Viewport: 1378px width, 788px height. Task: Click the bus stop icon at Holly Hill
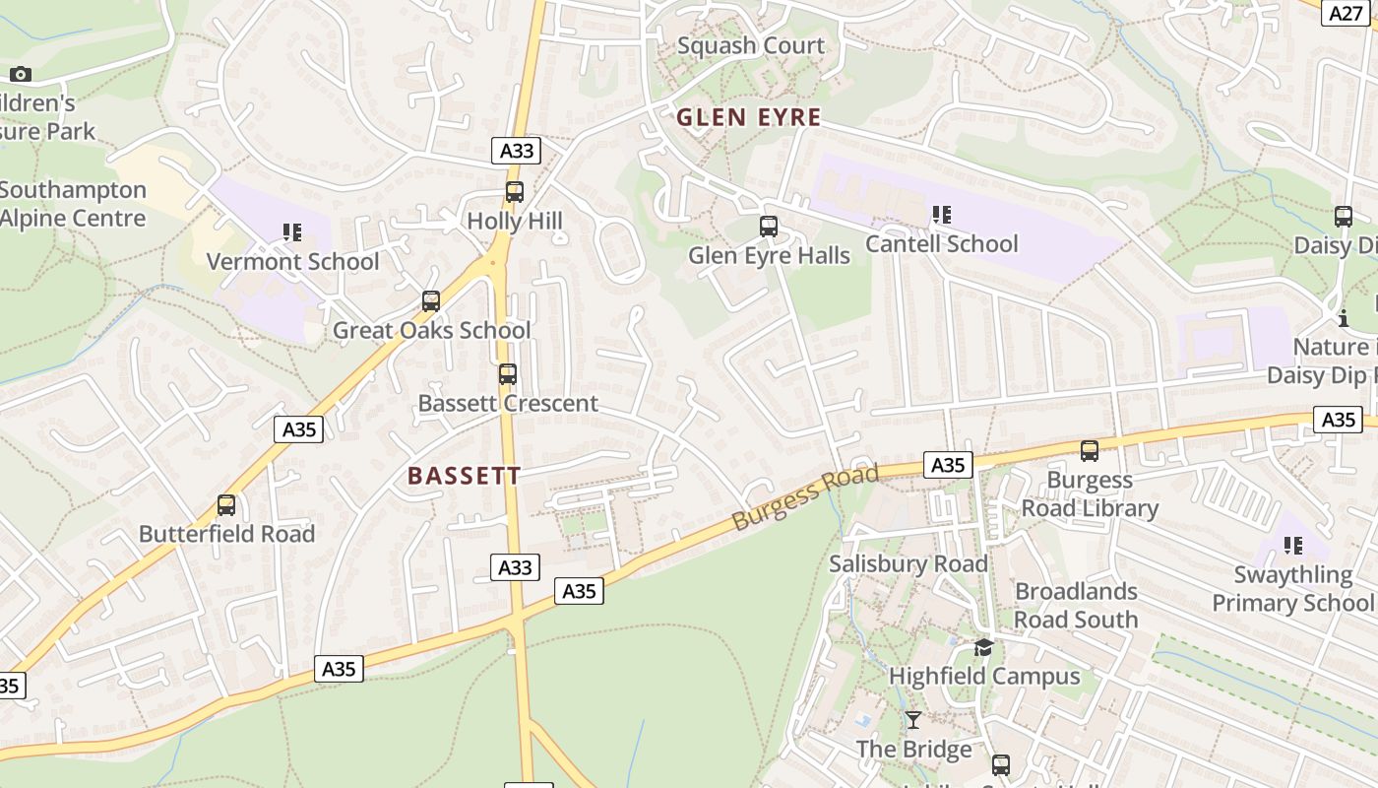click(514, 192)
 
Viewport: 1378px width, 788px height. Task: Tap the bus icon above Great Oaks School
click(430, 301)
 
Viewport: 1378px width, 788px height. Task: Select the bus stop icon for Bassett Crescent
click(507, 374)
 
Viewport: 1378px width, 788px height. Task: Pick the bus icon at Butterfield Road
click(226, 505)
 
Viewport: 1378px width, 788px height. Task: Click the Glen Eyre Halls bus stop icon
click(769, 227)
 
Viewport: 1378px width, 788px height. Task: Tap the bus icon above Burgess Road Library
click(1089, 451)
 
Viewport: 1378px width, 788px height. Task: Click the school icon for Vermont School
click(292, 232)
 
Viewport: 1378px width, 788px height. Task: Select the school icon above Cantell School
click(942, 214)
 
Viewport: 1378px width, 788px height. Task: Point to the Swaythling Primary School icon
click(1292, 546)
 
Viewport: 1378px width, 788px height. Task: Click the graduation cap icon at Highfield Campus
click(983, 647)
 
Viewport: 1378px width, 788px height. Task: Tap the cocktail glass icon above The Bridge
click(913, 720)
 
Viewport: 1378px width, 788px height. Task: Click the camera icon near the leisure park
click(21, 74)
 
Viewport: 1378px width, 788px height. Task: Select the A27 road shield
click(1347, 13)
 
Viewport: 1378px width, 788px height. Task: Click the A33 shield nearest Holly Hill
click(517, 151)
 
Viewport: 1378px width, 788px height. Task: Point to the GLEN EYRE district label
click(748, 117)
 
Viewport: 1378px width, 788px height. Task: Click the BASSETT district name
click(464, 476)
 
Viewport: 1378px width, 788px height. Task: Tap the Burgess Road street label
click(804, 498)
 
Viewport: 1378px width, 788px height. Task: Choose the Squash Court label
click(751, 45)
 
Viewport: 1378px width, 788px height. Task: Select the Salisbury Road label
click(908, 564)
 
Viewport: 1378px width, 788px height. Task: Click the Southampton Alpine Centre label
click(71, 204)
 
